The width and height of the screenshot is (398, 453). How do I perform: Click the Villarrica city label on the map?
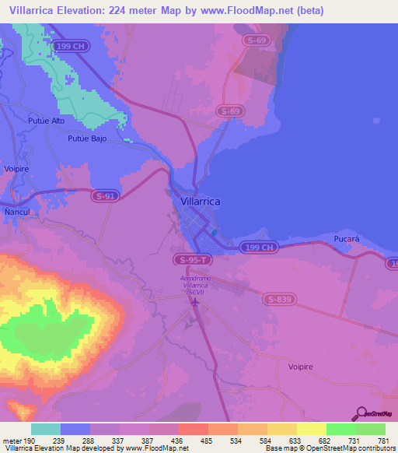201,200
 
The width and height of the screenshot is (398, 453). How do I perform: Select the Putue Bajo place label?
86,138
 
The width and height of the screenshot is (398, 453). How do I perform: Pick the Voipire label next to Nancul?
17,167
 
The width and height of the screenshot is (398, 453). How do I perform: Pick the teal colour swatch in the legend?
46,429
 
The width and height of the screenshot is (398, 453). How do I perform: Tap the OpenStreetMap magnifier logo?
361,413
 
